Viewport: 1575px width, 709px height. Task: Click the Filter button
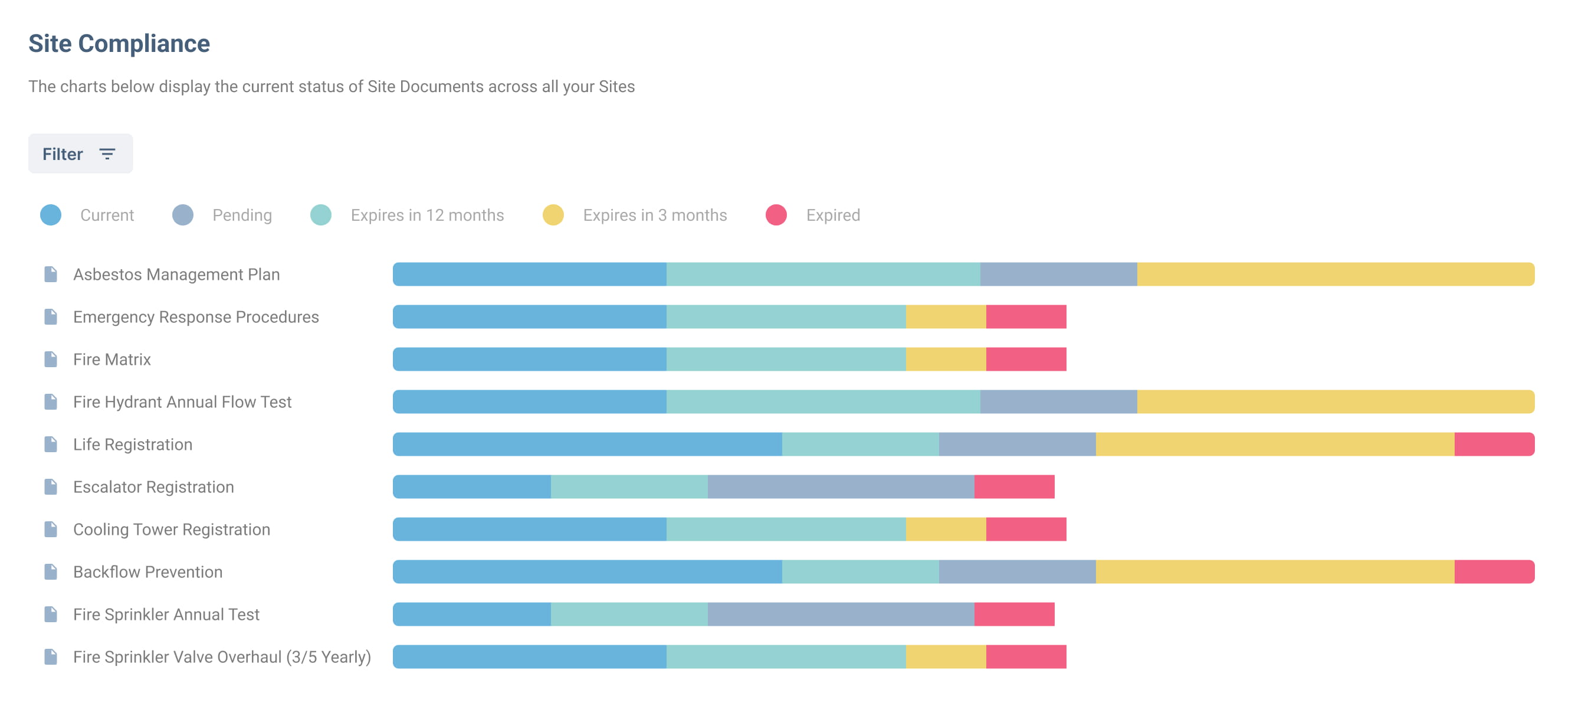coord(80,153)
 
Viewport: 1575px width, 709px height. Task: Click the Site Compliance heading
coord(119,44)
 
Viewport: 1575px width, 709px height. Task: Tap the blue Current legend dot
coord(51,215)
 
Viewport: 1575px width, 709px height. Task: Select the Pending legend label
coord(242,215)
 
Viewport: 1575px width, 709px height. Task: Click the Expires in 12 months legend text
coord(426,215)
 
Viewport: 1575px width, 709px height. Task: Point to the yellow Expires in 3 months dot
coord(553,215)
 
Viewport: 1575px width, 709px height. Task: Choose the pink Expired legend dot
coord(776,215)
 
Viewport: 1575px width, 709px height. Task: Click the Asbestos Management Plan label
coord(176,275)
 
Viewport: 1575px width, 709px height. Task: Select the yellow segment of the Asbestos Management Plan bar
coord(1336,275)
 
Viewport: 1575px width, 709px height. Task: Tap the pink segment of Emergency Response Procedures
coord(1026,317)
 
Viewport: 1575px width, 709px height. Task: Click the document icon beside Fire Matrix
coord(51,360)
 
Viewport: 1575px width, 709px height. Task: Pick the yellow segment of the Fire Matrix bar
coord(945,360)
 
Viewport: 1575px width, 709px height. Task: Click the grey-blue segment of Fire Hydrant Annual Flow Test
coord(1058,402)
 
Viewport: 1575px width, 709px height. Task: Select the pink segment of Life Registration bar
coord(1494,445)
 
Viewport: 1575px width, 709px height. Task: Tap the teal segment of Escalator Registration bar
coord(629,487)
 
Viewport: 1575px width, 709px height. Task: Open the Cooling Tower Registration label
coord(171,530)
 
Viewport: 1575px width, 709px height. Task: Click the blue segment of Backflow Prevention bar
coord(587,572)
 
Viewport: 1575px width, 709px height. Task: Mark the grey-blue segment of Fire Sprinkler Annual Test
coord(841,614)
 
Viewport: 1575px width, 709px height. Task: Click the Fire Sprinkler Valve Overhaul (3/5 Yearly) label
coord(222,657)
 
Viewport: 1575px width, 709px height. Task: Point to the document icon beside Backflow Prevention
coord(51,572)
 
